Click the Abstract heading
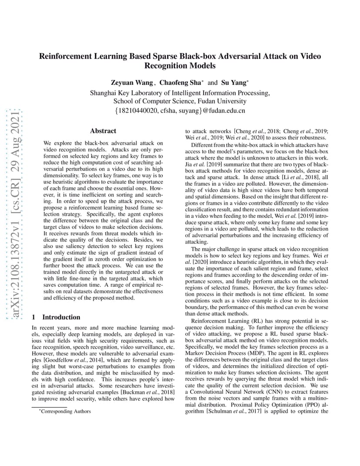pos(103,131)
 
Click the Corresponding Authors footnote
pos(66,411)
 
